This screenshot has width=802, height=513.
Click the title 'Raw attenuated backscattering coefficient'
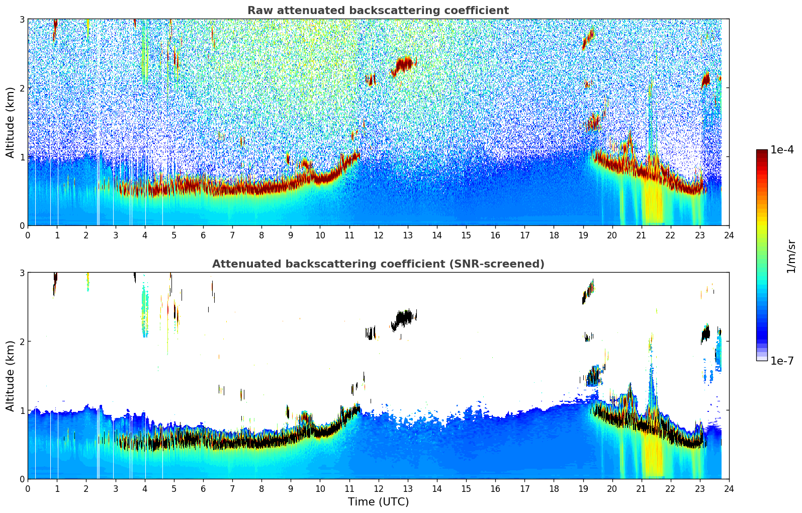[x=378, y=11]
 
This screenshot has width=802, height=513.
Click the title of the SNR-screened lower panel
[x=378, y=264]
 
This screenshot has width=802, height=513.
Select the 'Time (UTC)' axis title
[x=378, y=501]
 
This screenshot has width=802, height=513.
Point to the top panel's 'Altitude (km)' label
[x=11, y=122]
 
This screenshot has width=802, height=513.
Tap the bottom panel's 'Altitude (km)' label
[x=11, y=376]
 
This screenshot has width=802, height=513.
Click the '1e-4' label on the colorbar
[x=782, y=150]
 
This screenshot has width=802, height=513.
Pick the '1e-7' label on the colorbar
[x=782, y=361]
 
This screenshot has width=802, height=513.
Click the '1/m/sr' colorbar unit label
[x=791, y=255]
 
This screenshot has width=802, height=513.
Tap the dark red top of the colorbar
[x=762, y=153]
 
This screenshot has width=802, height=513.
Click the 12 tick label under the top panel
[x=378, y=235]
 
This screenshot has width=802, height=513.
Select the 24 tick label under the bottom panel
[x=729, y=488]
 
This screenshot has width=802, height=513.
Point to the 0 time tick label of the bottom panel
[x=28, y=488]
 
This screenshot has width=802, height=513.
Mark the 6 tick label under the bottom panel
[x=203, y=488]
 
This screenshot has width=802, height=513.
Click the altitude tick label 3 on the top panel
[x=22, y=19]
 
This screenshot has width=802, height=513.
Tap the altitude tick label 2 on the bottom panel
[x=22, y=341]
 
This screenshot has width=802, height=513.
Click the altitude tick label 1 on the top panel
[x=22, y=157]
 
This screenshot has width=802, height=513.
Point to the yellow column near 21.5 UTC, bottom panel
[x=654, y=455]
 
